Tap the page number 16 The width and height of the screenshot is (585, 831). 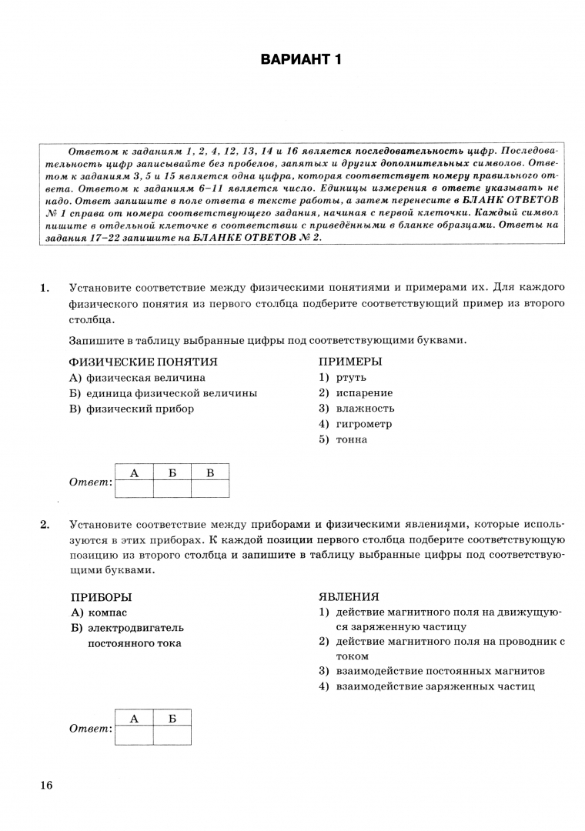coord(45,785)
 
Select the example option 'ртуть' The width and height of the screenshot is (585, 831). coord(351,377)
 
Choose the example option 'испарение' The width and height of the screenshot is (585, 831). coord(363,392)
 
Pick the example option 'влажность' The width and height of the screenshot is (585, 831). coord(365,408)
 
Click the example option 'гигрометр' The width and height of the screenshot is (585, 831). coord(363,423)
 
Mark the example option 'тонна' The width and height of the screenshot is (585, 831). coord(352,439)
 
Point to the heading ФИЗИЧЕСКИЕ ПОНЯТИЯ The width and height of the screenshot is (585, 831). coord(143,361)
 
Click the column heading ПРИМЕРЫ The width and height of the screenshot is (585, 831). coord(350,361)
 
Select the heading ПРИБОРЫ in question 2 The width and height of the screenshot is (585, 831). coord(101,596)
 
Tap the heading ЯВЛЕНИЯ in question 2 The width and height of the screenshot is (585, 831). coord(349,596)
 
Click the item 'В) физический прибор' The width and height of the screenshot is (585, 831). coord(132,409)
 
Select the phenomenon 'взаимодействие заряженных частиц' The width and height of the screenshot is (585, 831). coord(435,686)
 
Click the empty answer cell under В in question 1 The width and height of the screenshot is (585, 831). coord(210,488)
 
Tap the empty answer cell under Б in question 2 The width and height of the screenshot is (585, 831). coord(172,734)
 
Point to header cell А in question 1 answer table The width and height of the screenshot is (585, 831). coord(134,472)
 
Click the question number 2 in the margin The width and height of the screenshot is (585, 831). coord(45,526)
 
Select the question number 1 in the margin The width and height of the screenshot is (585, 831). coord(45,288)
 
